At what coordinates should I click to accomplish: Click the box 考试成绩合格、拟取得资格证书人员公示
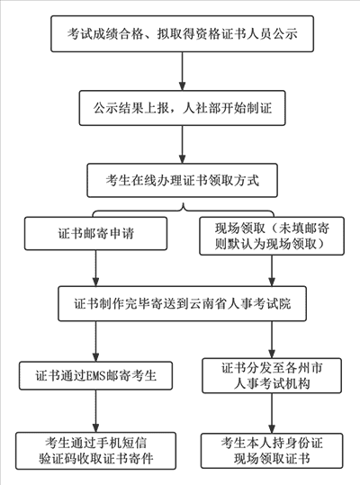pyautogui.click(x=182, y=36)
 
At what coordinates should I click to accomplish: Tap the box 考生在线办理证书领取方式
pyautogui.click(x=182, y=180)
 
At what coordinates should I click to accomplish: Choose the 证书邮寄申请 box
pyautogui.click(x=94, y=235)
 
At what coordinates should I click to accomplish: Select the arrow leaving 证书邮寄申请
pyautogui.click(x=94, y=269)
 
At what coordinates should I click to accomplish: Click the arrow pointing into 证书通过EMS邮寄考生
pyautogui.click(x=94, y=341)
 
